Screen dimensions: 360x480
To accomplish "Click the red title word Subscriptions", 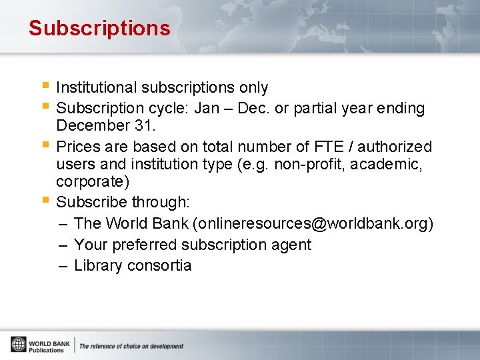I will pos(99,29).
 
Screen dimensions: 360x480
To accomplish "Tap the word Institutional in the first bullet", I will pos(95,88).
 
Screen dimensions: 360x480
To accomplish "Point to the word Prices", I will pos(79,147).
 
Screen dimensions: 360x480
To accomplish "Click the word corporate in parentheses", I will pos(90,182).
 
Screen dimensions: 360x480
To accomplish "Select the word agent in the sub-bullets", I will pos(294,245).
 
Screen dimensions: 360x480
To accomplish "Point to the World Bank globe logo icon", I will pos(18,345).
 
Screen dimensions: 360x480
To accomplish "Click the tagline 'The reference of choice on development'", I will pos(131,346).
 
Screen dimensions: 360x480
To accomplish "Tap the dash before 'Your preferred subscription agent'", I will pos(63,245).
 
